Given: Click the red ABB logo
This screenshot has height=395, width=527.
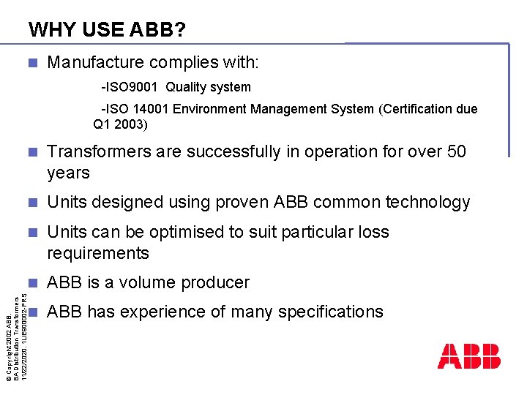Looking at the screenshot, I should pos(468,355).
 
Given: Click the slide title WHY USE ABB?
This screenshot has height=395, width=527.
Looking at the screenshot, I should pos(107,30).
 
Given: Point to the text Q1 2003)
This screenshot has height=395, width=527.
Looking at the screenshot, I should pos(120,124).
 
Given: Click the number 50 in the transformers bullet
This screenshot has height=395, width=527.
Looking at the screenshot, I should pos(456,151).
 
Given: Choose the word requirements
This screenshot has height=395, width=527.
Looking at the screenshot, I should pos(98,253).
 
